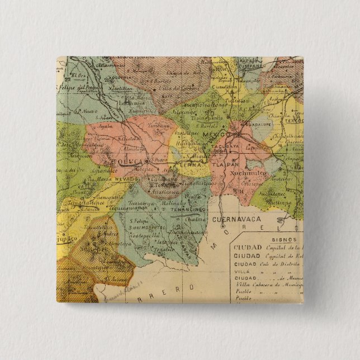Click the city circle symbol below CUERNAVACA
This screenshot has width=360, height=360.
click(222, 228)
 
